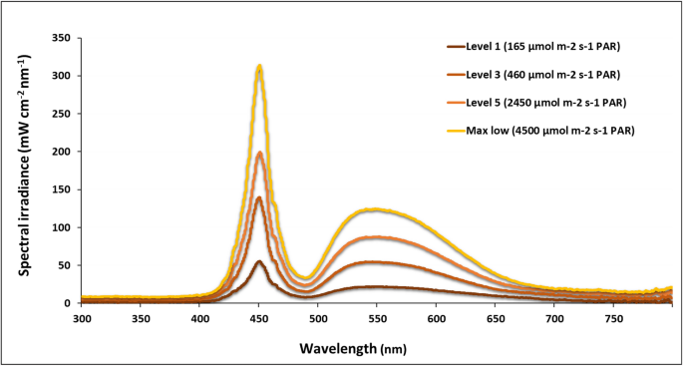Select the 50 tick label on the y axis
tap(67, 265)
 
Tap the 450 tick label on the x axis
tap(259, 319)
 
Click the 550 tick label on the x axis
tap(377, 319)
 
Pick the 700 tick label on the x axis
tap(554, 319)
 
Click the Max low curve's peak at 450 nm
tap(259, 67)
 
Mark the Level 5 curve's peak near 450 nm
tap(259, 153)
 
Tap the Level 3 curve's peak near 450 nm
tap(259, 197)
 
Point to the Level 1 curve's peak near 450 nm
tap(259, 261)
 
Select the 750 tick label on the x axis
tap(613, 319)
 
